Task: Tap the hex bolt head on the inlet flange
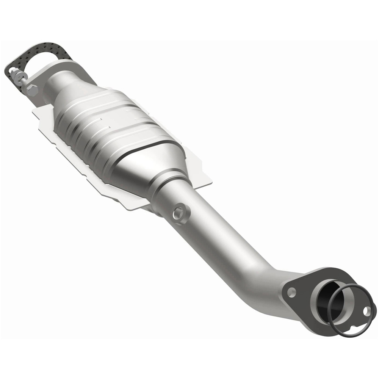click(x=32, y=91)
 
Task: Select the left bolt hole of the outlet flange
click(x=291, y=292)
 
